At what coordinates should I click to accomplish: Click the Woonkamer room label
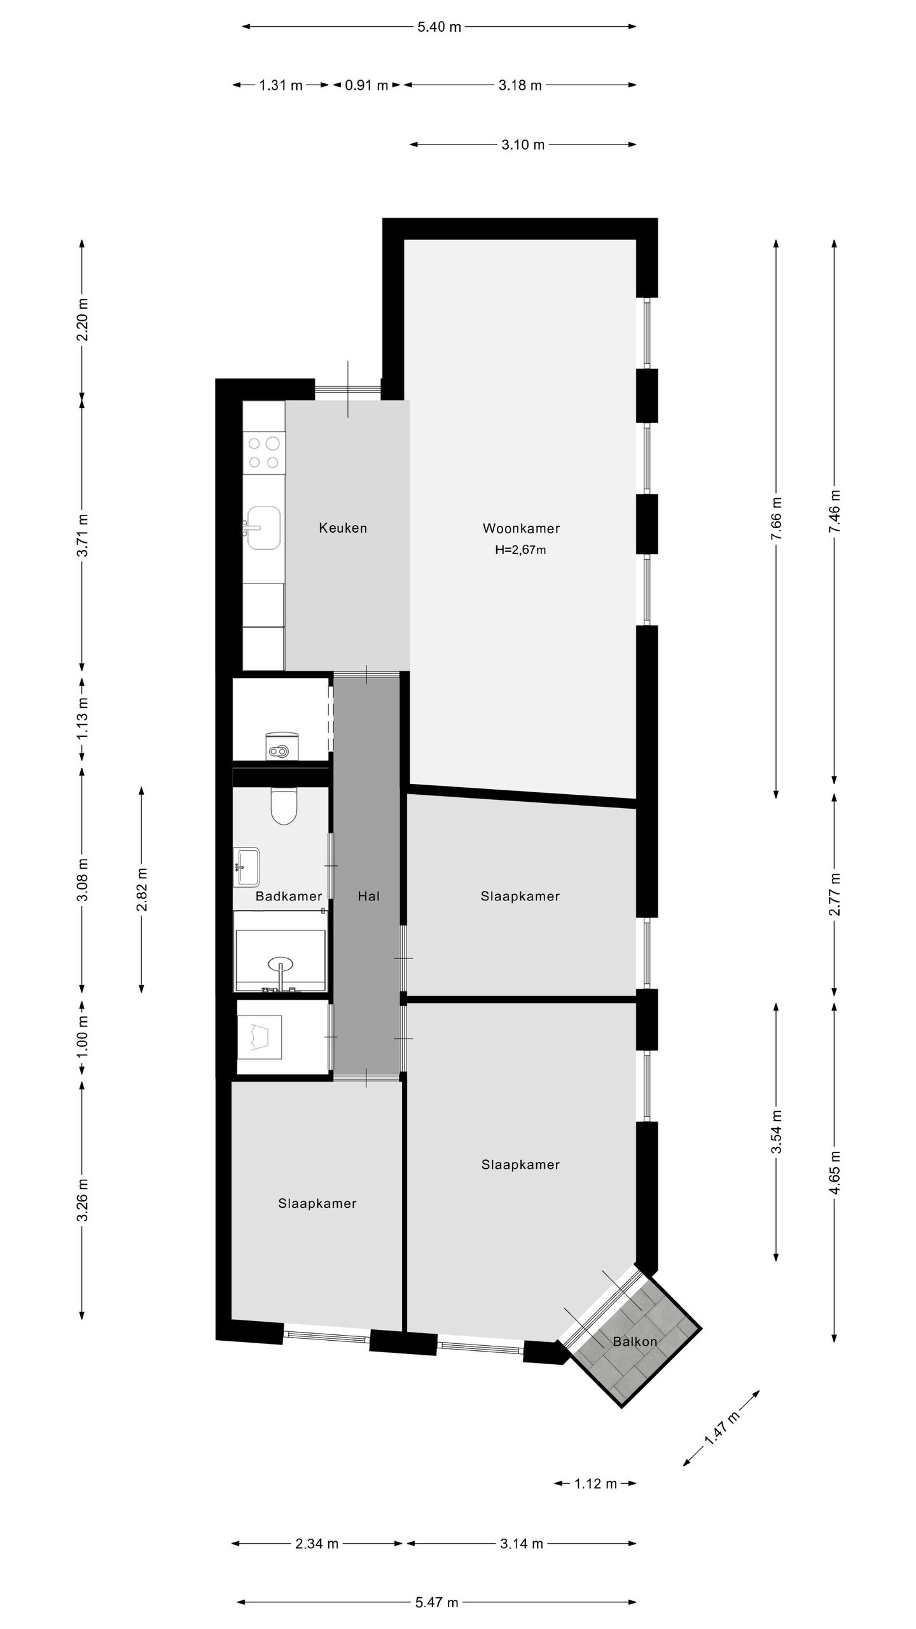click(521, 528)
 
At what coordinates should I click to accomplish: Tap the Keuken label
click(343, 528)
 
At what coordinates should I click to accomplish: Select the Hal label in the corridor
click(369, 896)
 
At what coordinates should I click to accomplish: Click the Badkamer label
click(289, 896)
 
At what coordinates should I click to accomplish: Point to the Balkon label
click(635, 1341)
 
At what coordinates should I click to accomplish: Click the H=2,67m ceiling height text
click(520, 550)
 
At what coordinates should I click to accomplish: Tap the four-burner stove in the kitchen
click(265, 452)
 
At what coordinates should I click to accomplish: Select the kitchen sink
click(263, 528)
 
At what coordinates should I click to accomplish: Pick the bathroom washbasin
click(247, 866)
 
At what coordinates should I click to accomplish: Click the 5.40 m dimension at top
click(439, 27)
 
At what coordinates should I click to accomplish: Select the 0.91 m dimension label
click(366, 85)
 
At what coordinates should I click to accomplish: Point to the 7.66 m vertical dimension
click(776, 519)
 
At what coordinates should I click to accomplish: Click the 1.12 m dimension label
click(595, 1484)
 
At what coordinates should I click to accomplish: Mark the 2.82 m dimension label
click(141, 890)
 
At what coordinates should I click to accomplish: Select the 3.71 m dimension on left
click(82, 535)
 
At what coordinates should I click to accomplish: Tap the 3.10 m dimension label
click(523, 144)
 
